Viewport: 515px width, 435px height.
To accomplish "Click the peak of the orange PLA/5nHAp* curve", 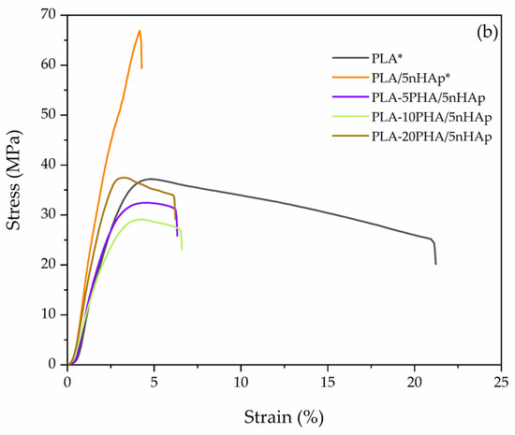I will [x=140, y=31].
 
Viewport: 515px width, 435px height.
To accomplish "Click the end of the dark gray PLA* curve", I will [x=435, y=264].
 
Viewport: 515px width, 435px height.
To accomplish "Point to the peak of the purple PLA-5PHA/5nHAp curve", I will [x=143, y=202].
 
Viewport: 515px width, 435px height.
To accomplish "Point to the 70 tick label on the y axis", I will [x=51, y=15].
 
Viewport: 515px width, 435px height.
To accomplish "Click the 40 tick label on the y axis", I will [x=51, y=165].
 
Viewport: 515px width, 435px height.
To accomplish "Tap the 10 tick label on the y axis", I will [x=51, y=314].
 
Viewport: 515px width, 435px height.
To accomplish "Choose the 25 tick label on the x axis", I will [x=502, y=382].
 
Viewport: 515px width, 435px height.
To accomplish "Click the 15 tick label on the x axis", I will [x=328, y=382].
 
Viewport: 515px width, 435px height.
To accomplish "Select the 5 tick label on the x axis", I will [x=154, y=382].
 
